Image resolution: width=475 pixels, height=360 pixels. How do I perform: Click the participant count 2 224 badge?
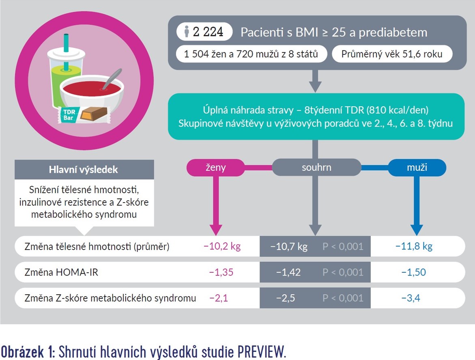204,32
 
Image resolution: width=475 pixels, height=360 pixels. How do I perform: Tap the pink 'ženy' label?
216,168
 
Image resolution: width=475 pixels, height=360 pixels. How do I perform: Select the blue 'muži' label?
417,168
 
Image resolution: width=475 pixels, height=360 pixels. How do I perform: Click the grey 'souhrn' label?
316,168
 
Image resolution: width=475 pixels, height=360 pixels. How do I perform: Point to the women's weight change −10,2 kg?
222,246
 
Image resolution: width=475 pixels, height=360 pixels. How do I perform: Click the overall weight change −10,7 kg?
289,246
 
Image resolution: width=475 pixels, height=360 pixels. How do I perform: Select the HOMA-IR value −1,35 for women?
221,272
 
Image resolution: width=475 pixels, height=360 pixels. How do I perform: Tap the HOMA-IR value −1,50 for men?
413,272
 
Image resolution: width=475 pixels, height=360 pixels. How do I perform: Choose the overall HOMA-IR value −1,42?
288,272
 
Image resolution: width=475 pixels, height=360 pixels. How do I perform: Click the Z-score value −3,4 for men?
411,298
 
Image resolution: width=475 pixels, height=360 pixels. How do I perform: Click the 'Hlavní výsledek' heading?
84,170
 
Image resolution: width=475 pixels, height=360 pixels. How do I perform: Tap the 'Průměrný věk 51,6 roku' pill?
392,54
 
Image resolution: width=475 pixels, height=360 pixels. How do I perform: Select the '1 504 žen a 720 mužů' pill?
251,54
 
